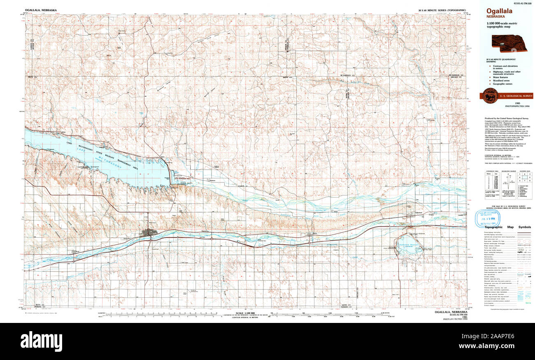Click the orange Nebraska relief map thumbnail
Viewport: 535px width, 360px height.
(x=510, y=44)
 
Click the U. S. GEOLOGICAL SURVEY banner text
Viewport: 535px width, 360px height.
(x=516, y=96)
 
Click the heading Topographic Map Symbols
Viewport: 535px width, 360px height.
(x=507, y=227)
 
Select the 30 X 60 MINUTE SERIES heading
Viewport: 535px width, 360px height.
(x=442, y=9)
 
